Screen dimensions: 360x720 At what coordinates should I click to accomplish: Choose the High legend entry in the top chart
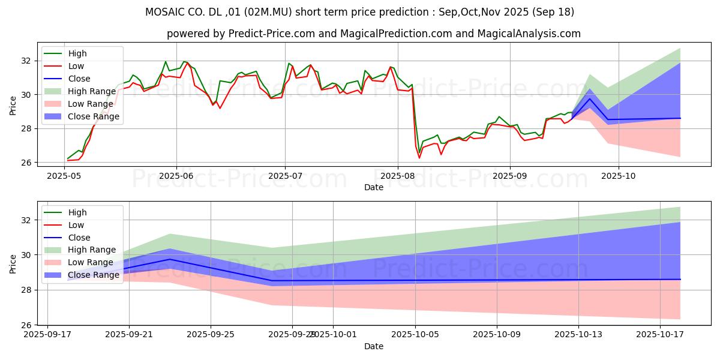coord(77,53)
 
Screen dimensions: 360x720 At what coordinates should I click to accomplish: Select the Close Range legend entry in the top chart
coord(94,116)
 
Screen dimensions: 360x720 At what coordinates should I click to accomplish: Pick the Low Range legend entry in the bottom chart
coord(91,262)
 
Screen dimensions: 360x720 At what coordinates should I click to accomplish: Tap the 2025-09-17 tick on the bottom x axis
coord(48,335)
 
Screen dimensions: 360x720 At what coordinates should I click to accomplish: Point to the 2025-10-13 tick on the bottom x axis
coord(578,335)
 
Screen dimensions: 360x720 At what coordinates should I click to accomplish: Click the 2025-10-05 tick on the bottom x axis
coord(415,335)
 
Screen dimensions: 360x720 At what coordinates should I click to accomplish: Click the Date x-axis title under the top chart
coord(373,187)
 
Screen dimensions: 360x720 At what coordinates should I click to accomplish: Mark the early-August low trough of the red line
coord(419,158)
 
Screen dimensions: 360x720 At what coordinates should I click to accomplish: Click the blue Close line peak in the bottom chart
coord(170,259)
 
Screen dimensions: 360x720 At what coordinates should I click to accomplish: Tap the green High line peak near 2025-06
coord(166,61)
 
